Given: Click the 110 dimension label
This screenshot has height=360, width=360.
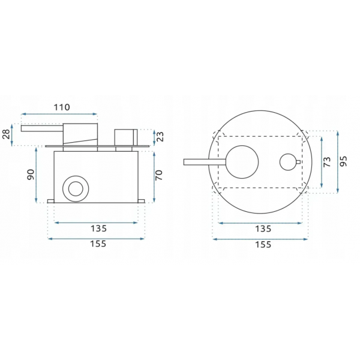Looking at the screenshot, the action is pos(62,107).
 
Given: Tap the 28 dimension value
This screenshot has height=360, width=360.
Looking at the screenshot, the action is pos(6,134).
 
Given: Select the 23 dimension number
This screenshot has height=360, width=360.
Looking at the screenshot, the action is pos(160,136).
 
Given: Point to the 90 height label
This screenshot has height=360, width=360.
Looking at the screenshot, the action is pos(31,175).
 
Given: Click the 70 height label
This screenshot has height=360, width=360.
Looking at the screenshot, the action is pos(159,175).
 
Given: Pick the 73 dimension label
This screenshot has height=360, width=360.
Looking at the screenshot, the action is pos(327,162).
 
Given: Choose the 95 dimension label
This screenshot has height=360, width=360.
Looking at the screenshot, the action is pos(343,161).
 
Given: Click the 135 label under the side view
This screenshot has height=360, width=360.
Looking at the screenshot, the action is pos(99,229).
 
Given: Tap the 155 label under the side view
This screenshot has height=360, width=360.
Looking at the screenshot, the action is pos(98,244).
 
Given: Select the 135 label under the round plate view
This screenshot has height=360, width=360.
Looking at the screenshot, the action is pos(263,229).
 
